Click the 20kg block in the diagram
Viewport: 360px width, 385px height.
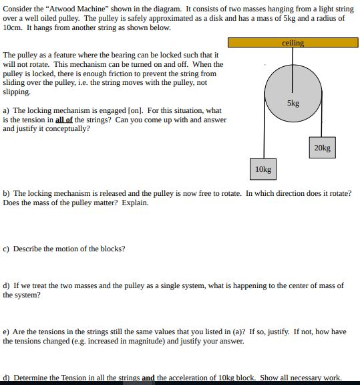coord(321,148)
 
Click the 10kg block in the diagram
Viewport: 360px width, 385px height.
coord(263,169)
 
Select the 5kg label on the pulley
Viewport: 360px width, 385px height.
coord(293,104)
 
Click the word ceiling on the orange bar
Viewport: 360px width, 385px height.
coord(293,43)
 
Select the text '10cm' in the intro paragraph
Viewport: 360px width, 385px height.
coord(12,28)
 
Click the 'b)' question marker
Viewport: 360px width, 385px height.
coord(7,193)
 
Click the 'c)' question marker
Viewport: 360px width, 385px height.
coord(7,249)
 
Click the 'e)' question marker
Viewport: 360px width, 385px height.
coord(7,332)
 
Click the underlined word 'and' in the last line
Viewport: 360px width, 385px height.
coord(148,378)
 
